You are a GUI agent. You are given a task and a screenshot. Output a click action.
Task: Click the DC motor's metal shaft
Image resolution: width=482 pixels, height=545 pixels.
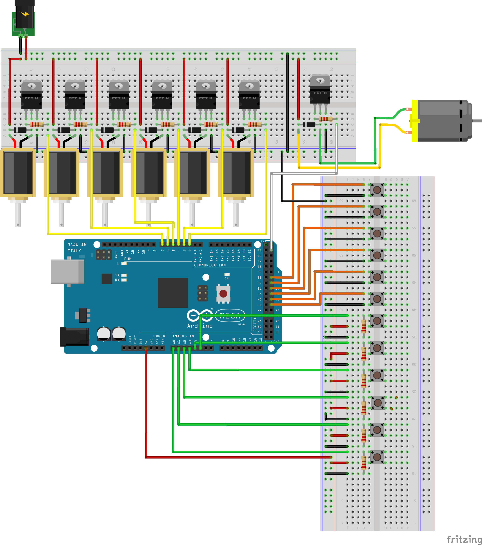click(477, 120)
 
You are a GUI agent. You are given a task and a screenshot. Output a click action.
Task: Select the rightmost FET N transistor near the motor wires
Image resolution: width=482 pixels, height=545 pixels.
click(320, 89)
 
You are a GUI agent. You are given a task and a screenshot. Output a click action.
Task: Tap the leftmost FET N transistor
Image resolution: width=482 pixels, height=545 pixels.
click(31, 95)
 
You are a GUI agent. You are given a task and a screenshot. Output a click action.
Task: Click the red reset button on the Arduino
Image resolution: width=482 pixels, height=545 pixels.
click(223, 294)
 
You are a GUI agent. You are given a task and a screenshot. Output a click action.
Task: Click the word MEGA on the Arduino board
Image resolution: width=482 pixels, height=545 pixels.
click(230, 316)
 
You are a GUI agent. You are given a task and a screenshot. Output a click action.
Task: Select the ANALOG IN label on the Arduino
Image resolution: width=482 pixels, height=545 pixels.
click(183, 336)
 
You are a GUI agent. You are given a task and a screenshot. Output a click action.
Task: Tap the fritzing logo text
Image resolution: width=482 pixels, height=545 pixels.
click(464, 539)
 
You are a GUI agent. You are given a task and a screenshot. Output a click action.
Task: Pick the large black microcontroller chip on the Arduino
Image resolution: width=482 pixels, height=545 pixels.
click(173, 292)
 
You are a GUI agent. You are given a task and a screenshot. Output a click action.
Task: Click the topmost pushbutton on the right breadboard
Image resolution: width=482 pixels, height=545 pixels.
click(377, 190)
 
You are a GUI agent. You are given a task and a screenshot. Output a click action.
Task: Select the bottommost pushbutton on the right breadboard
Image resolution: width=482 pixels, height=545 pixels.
click(377, 457)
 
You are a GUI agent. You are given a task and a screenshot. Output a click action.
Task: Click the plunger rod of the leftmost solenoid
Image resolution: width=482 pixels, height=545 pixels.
click(18, 213)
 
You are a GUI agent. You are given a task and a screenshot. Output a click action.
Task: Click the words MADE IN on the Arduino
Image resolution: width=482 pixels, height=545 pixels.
click(77, 244)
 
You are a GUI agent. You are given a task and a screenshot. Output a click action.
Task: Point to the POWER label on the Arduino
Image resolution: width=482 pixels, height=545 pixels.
click(159, 336)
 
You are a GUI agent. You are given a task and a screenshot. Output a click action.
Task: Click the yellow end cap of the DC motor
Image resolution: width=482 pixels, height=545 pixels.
click(415, 121)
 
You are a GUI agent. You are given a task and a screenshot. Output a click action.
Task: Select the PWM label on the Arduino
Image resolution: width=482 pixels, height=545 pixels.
click(128, 259)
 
